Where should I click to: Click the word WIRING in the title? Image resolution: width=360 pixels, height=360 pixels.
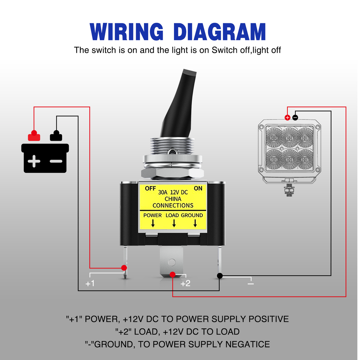(x=127, y=31)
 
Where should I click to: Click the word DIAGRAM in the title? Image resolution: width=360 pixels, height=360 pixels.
(x=220, y=31)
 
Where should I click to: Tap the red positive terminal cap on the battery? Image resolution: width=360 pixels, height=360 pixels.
(x=34, y=136)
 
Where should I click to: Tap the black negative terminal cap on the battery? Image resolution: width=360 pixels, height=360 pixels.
(x=56, y=136)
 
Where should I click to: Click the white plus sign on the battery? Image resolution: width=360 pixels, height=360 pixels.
(x=34, y=161)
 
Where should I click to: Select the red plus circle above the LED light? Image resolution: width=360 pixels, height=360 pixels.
(x=287, y=118)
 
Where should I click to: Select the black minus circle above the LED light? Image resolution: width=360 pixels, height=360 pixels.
(x=295, y=118)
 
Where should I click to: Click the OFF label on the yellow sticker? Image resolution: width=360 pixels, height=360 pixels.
(x=150, y=188)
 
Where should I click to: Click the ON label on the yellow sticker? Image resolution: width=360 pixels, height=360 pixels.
(x=198, y=188)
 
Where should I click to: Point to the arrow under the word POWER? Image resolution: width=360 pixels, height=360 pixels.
(x=153, y=223)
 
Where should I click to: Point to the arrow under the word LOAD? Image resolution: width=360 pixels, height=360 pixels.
(x=174, y=223)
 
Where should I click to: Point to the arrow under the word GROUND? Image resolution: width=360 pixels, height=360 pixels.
(x=195, y=223)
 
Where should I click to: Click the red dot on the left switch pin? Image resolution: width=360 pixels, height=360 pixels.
(x=124, y=268)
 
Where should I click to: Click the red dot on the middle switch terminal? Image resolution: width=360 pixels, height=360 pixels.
(x=172, y=274)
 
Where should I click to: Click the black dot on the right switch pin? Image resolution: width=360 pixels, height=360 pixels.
(x=220, y=276)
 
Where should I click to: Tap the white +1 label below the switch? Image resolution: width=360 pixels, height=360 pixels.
(x=90, y=283)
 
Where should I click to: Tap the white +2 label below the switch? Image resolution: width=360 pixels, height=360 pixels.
(x=185, y=283)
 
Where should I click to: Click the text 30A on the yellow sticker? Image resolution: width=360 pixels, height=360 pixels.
(x=163, y=192)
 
